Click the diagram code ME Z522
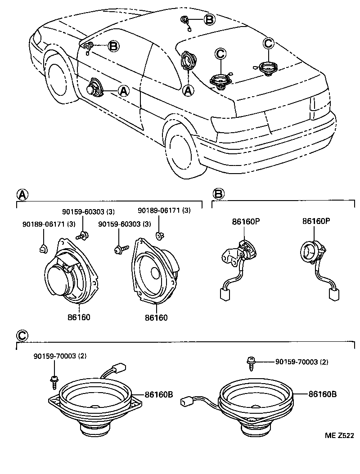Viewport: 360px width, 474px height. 340,436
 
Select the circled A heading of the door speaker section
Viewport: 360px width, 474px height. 22,194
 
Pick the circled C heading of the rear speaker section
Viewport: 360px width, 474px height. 22,335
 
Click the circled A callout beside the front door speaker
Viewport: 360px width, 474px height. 123,91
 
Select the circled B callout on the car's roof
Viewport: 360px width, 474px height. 209,19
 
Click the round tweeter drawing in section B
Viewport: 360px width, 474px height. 310,250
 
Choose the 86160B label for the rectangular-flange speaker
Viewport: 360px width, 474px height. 158,394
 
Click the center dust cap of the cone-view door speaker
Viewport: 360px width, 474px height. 156,273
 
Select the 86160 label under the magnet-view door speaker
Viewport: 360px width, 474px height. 79,317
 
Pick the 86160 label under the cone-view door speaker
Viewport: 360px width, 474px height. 156,318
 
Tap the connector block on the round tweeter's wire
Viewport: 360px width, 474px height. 333,295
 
